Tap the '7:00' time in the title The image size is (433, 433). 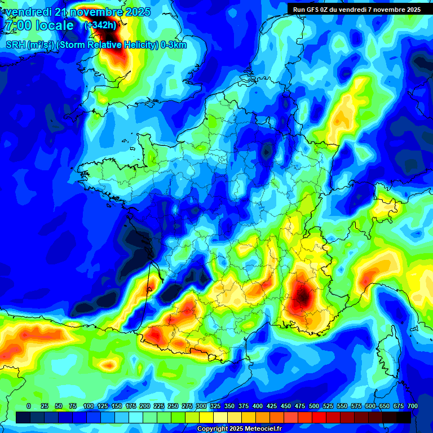(x=16, y=25)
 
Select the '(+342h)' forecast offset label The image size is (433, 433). (x=101, y=25)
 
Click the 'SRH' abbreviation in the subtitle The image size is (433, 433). (x=15, y=46)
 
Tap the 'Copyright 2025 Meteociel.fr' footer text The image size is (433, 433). (x=239, y=429)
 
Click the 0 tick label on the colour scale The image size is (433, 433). (x=29, y=406)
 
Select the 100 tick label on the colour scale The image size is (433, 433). (x=89, y=406)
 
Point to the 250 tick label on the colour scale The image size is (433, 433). (x=173, y=406)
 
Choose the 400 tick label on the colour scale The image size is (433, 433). (x=258, y=406)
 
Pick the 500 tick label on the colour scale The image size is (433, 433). (x=314, y=406)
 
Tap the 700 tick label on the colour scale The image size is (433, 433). (x=413, y=406)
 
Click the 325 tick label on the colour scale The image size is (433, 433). (x=215, y=406)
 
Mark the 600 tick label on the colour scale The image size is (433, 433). (x=370, y=406)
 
